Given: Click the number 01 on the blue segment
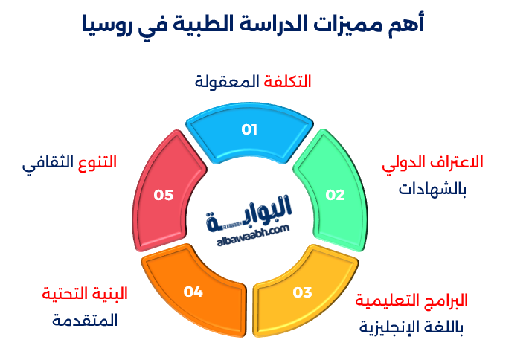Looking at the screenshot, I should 249,129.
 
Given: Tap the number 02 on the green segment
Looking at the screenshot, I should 336,196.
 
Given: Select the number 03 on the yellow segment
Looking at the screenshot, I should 302,292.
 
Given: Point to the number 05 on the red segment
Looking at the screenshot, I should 164,196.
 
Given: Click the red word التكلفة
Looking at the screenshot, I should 287,81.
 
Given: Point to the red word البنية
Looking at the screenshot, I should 109,293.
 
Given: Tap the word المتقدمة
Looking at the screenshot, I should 85,321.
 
